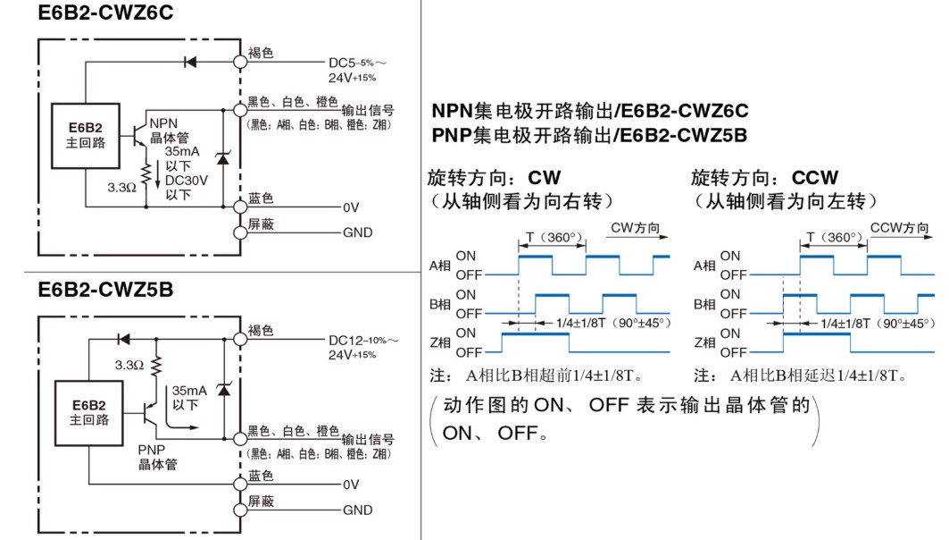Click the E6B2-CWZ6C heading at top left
(x=105, y=13)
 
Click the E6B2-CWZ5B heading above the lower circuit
(x=105, y=290)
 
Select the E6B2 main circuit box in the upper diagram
(x=86, y=136)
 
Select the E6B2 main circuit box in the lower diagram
(x=89, y=413)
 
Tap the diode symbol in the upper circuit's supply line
(x=190, y=62)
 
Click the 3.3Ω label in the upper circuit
(x=121, y=188)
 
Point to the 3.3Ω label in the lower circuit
(x=129, y=365)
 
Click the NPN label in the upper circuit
(x=163, y=123)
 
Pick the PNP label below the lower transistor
(x=151, y=450)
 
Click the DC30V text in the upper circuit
(x=187, y=181)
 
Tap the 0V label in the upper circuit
(x=351, y=208)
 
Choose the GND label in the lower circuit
(x=358, y=510)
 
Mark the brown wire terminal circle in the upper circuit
(x=240, y=62)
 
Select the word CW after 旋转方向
(x=544, y=178)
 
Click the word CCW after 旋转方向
(x=814, y=178)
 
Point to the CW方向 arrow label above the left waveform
(x=635, y=228)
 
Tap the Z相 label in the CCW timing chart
(x=704, y=343)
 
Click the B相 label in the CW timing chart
(x=440, y=304)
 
